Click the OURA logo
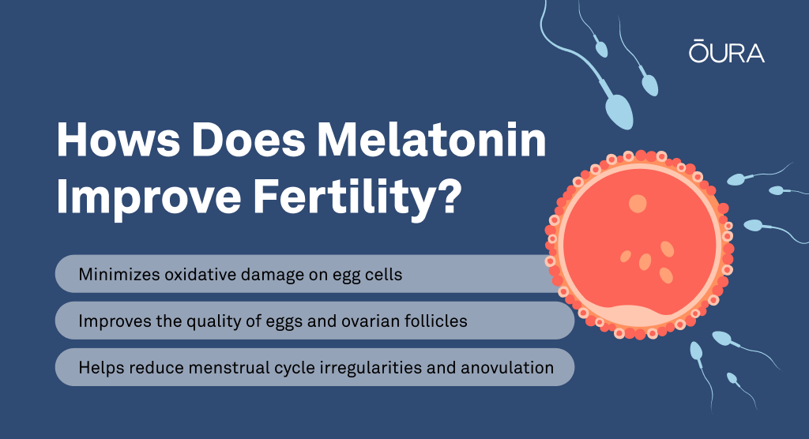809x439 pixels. [727, 51]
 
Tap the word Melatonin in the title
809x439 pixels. [431, 140]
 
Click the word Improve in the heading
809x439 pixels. [149, 197]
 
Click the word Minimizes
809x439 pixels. [119, 275]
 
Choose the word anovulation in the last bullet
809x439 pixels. [507, 368]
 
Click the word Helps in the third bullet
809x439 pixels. [101, 368]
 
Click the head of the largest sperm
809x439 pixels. [619, 111]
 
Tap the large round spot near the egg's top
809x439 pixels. [638, 204]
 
